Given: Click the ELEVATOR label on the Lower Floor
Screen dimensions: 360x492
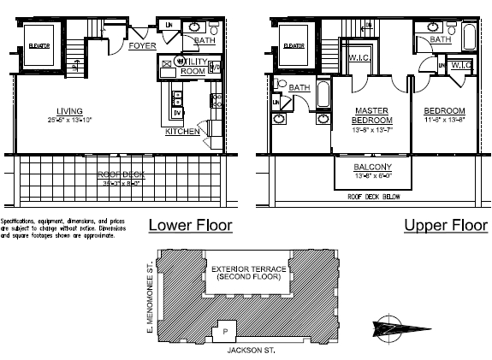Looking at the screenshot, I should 39,45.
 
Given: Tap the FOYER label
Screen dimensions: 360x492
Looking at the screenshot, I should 142,46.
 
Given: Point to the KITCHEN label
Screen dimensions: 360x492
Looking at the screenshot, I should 182,133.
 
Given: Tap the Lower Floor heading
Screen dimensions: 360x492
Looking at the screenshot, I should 190,226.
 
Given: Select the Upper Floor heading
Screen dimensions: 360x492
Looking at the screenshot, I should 442,226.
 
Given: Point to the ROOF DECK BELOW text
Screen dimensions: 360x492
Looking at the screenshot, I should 374,196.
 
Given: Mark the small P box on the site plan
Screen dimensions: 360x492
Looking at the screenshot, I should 225,330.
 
